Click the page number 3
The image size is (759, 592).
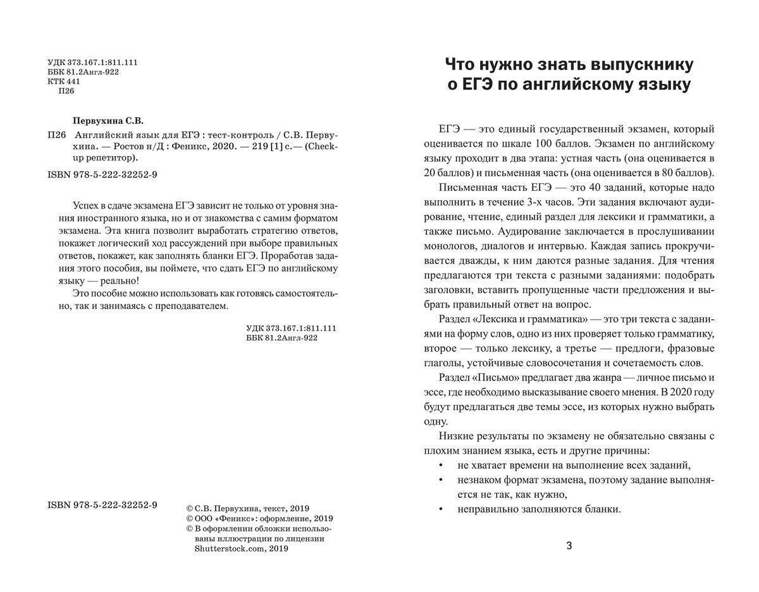click(x=569, y=546)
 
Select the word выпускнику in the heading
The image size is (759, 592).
click(x=642, y=64)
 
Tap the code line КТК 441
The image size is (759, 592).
click(x=64, y=82)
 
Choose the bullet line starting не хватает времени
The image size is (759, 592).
click(x=573, y=466)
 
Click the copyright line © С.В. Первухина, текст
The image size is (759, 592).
click(x=247, y=508)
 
